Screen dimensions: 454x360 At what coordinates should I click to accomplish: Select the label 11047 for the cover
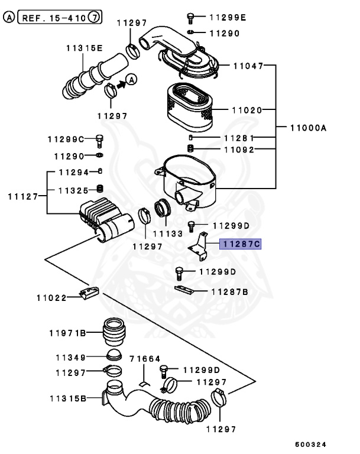click(x=248, y=67)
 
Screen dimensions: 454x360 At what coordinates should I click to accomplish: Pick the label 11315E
click(x=83, y=48)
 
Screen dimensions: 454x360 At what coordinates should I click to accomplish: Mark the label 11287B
click(x=229, y=291)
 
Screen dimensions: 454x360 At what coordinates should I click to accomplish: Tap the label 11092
click(x=238, y=150)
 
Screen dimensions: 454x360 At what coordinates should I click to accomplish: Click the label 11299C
click(x=66, y=140)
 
